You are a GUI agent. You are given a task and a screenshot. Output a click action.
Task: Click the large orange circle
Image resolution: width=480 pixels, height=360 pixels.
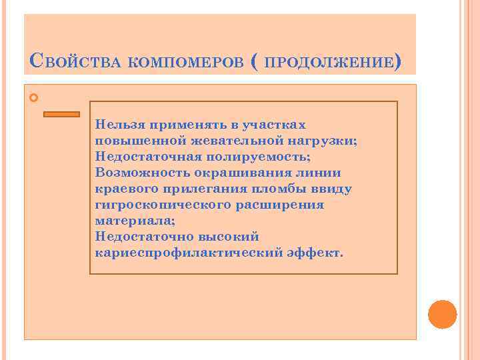[x=442, y=314]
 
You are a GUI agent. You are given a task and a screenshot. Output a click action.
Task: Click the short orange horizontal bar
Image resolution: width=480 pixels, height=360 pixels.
[x=61, y=114]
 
